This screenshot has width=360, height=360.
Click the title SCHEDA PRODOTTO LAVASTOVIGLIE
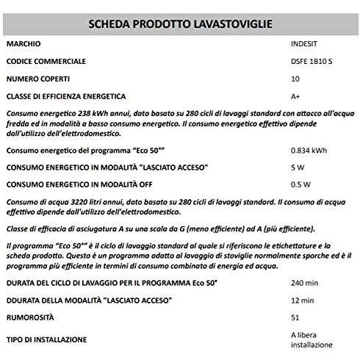(x=180, y=24)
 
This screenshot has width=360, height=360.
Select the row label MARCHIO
(x=24, y=45)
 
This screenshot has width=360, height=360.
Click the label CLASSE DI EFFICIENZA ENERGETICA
(x=65, y=96)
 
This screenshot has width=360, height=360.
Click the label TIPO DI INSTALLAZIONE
(x=46, y=339)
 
